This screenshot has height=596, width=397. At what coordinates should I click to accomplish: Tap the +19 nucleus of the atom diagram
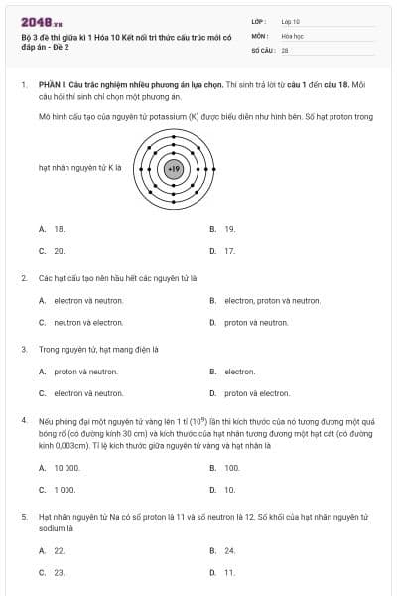coord(174,169)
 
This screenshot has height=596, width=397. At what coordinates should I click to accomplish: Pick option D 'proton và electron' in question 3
coord(257,393)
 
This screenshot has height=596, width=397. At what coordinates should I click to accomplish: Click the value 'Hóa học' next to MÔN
coord(292,35)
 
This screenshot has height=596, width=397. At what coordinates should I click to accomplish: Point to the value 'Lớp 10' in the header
coord(290,21)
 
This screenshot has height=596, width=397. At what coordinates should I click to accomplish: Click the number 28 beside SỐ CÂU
coord(285,49)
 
